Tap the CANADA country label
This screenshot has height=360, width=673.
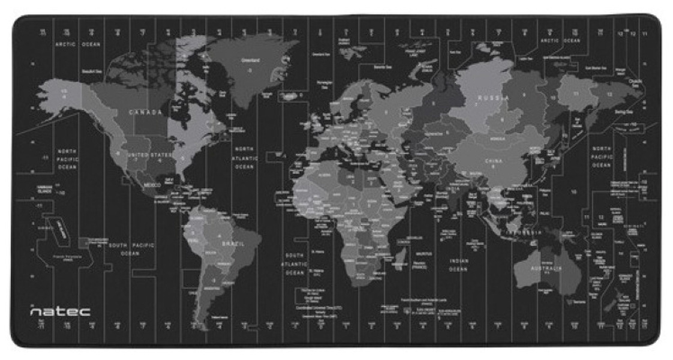(x=145, y=112)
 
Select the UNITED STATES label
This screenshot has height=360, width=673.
(x=150, y=155)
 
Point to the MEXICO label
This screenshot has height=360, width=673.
(x=152, y=185)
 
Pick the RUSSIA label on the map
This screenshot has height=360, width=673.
(x=494, y=97)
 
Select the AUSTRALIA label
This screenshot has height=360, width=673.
(x=545, y=268)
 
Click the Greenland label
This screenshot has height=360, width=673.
(x=250, y=60)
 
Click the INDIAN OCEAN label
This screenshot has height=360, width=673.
(x=458, y=265)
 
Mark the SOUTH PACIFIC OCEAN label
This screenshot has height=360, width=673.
(x=131, y=249)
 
